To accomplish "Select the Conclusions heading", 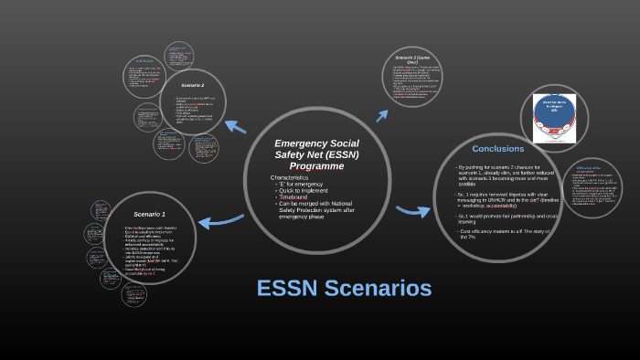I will coord(497,148).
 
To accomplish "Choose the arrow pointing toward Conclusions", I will coord(412,211).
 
